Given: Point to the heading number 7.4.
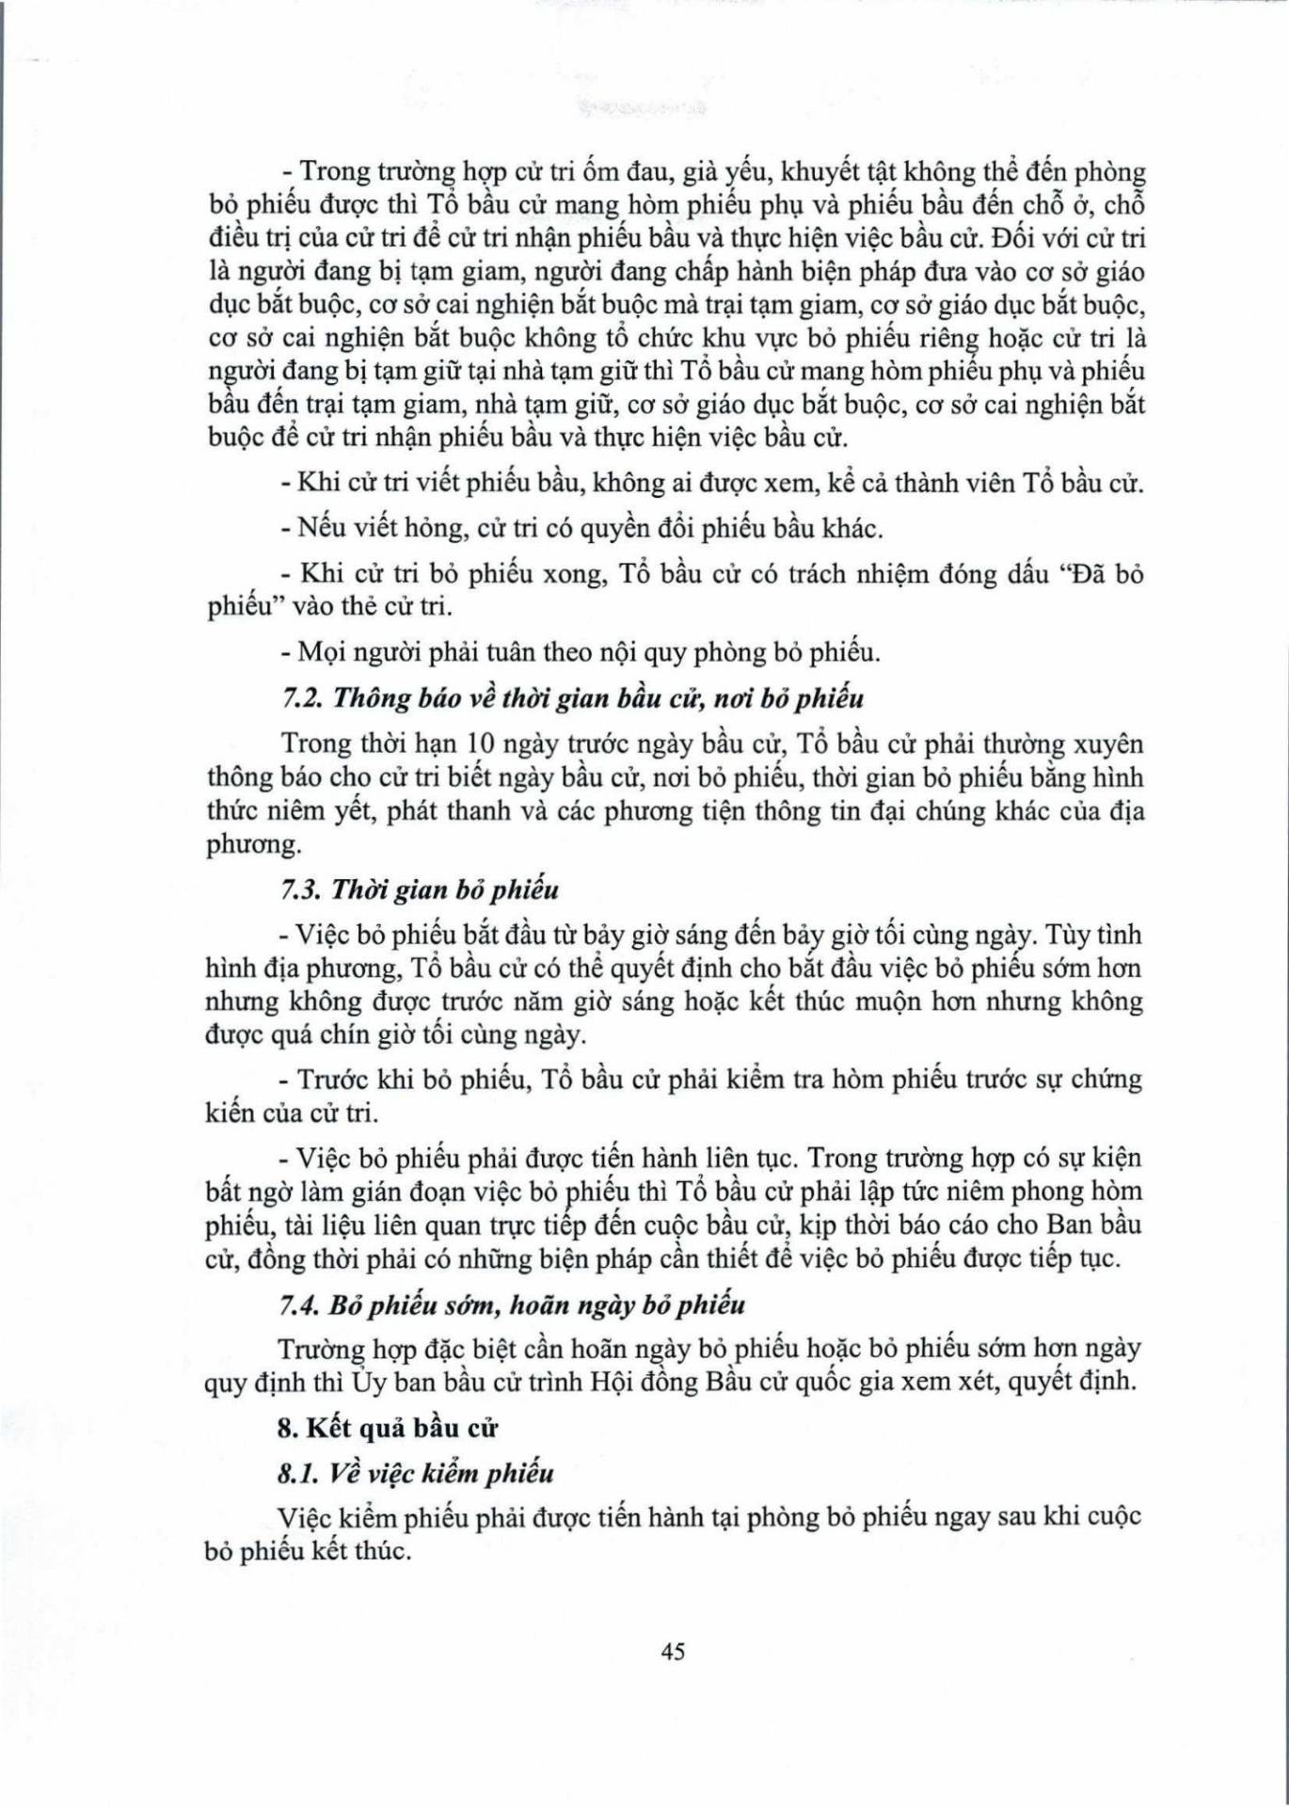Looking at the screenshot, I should coord(301,1305).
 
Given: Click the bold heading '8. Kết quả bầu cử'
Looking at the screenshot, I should coord(387,1428).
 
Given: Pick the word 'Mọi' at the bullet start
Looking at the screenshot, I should coord(319,652).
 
